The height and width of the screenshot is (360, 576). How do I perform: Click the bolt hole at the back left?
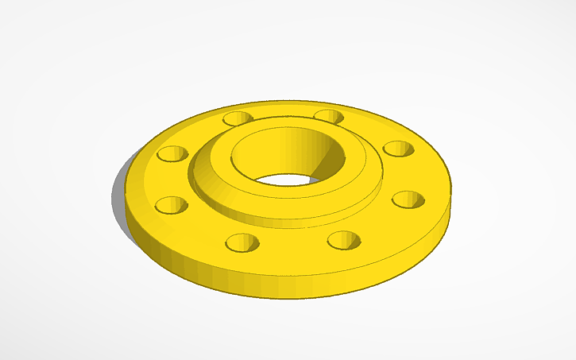237,119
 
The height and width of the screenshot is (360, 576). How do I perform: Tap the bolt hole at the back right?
328,118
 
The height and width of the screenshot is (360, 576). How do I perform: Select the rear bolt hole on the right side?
397,149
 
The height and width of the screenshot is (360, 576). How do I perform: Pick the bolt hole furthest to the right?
408,199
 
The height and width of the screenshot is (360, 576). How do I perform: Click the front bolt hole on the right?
343,239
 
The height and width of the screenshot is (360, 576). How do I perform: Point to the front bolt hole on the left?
242,242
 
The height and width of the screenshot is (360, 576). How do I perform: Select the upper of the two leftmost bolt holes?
172,153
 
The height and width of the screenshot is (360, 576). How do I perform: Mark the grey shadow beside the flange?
119,191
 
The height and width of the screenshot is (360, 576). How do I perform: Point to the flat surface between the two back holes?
282,114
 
